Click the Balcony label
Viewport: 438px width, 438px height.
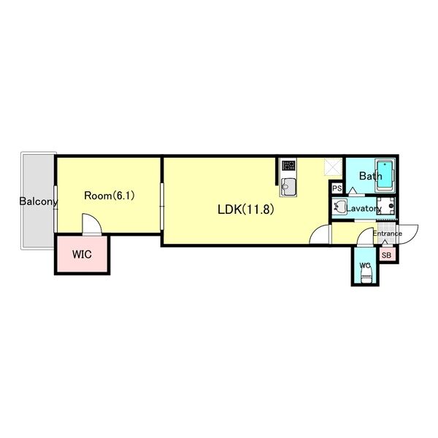coord(39,201)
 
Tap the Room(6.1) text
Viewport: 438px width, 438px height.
coord(109,196)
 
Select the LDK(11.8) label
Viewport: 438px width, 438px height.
coord(245,210)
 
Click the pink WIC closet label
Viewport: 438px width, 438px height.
coord(82,255)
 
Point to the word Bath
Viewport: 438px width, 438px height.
coord(370,176)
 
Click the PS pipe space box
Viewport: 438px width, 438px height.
coord(337,188)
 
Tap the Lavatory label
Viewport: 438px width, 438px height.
coord(364,208)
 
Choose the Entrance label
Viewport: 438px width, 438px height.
coord(388,234)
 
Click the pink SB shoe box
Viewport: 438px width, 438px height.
coord(387,255)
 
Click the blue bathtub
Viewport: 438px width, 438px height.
coord(385,175)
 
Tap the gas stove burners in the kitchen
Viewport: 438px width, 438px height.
coord(288,165)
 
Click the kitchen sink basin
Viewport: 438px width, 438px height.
coord(288,187)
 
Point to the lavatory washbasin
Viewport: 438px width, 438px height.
coord(339,207)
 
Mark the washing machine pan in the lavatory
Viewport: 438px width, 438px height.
coord(385,206)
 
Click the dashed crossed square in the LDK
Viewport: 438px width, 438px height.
coord(333,167)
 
